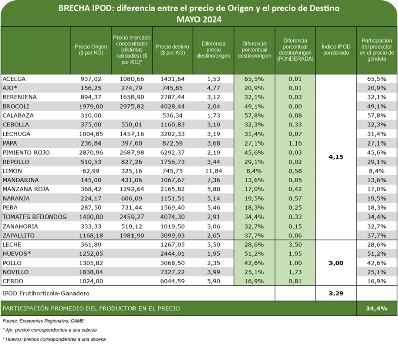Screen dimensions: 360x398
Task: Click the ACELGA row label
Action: [x=14, y=79]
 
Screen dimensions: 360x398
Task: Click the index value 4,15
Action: [x=336, y=157]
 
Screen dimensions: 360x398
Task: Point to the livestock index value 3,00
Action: [x=336, y=262]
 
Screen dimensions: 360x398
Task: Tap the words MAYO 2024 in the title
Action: [x=198, y=20]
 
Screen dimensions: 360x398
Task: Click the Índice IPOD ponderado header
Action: [x=336, y=50]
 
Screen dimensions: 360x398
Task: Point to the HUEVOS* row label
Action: [x=17, y=253]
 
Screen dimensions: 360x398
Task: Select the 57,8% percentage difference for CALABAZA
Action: [x=254, y=115]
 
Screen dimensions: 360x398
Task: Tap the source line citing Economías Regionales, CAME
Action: [x=43, y=321]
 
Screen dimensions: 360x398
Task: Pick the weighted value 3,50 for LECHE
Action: [x=295, y=244]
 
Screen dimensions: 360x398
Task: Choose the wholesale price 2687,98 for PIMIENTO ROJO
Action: [x=132, y=152]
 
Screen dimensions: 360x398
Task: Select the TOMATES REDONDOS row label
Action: [x=34, y=217]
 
